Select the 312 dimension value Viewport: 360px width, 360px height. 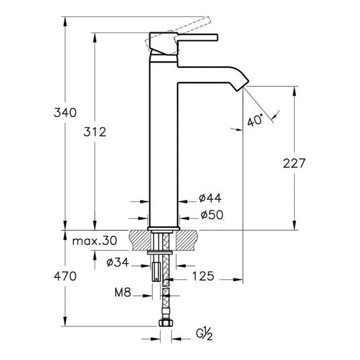tap(96, 133)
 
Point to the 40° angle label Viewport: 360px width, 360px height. tap(253, 122)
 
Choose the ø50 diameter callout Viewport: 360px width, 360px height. tap(211, 216)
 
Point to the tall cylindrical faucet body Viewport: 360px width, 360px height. tap(162, 135)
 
